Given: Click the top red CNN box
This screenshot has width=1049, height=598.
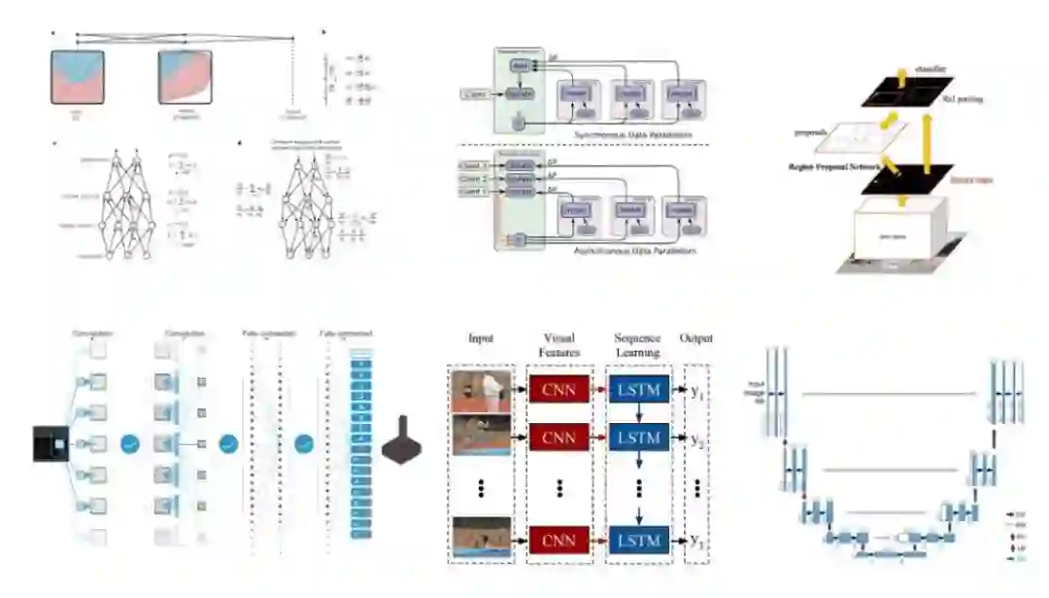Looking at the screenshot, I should click(x=558, y=391).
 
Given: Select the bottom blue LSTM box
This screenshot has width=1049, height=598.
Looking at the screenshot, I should click(x=638, y=541).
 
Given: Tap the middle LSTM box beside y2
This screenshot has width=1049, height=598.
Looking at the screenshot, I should click(x=638, y=438).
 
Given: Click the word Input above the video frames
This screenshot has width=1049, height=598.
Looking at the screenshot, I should click(x=480, y=338).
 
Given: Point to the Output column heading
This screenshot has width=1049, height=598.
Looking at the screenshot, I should click(x=695, y=338).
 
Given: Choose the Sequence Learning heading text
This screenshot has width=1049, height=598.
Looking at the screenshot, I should click(x=638, y=345).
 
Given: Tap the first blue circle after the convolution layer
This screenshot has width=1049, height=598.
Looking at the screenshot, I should click(x=131, y=444).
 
